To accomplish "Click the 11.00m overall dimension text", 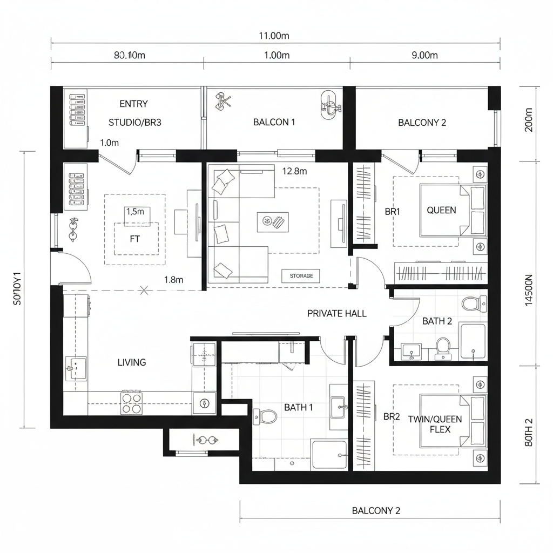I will (x=274, y=36).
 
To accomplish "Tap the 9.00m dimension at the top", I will (x=424, y=55).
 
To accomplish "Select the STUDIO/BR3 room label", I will (x=135, y=123).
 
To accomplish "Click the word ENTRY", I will (x=133, y=104).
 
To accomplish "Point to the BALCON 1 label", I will (x=274, y=122).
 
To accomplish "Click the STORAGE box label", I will (x=301, y=276).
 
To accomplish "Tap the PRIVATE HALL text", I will (x=336, y=313).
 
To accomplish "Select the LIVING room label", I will (x=132, y=362).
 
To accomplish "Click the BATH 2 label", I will (x=437, y=321).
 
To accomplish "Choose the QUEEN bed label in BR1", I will (x=441, y=211).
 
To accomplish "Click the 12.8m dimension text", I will (x=294, y=171).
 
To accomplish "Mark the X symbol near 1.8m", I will (x=144, y=291).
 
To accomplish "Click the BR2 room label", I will (x=392, y=417).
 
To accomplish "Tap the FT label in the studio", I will (x=135, y=238).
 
